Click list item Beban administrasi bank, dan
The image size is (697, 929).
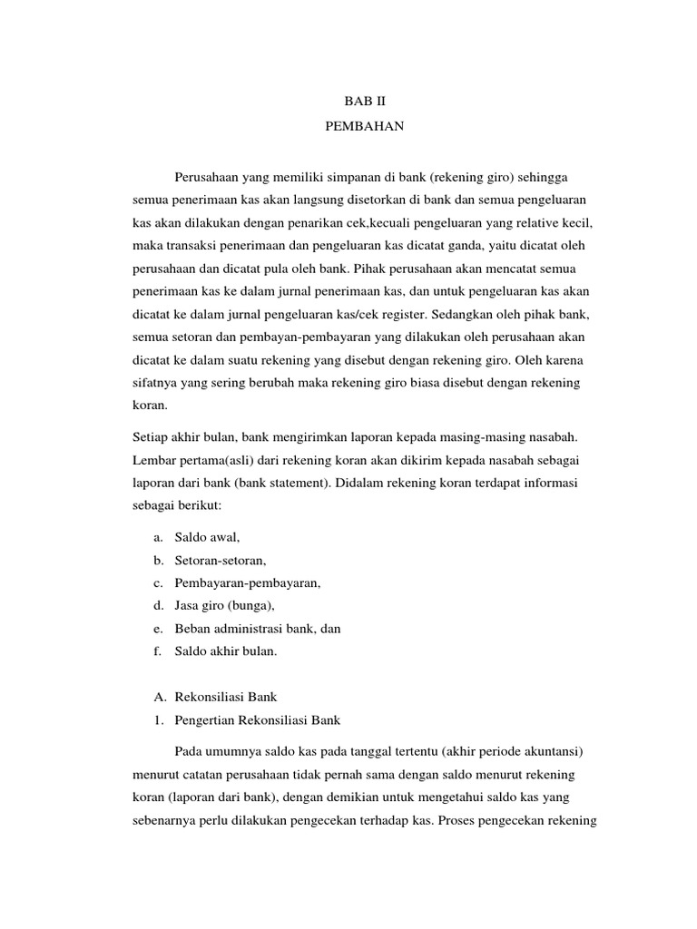[257, 628]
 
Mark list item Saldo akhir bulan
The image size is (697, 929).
[226, 650]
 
